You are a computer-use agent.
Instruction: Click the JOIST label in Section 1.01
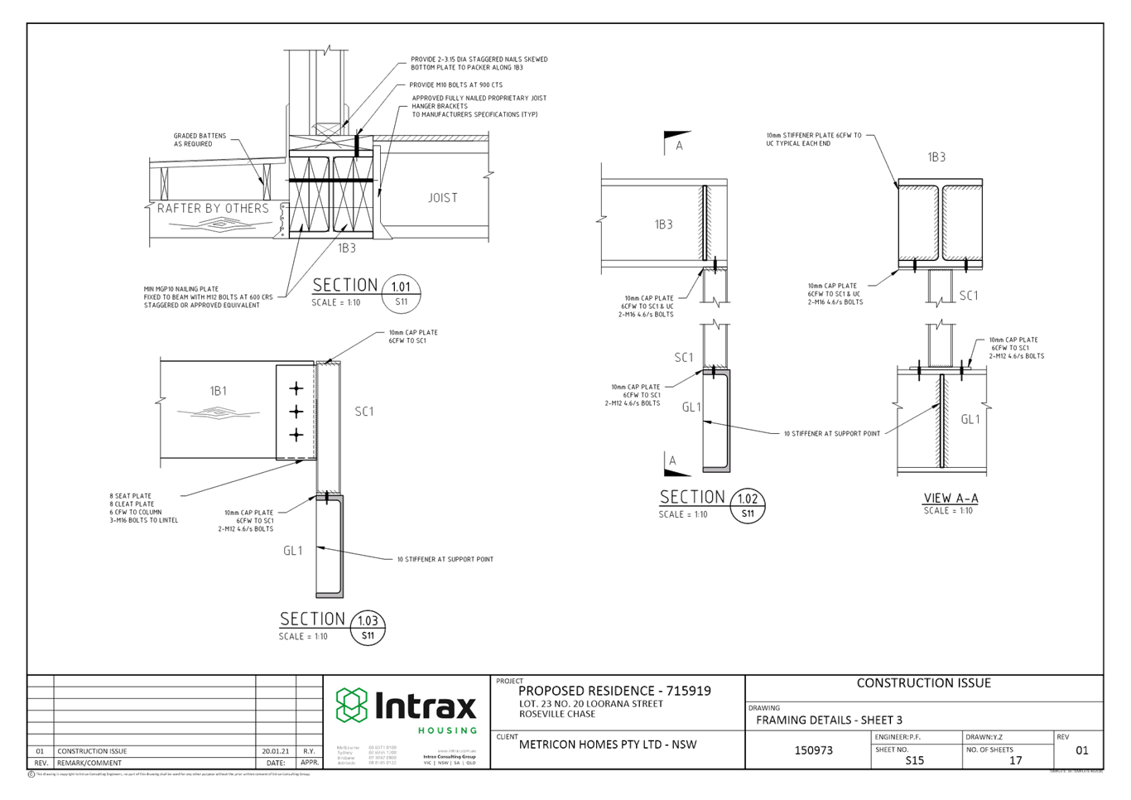442,197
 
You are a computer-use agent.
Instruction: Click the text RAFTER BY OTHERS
214,208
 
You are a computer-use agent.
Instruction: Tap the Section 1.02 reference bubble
748,505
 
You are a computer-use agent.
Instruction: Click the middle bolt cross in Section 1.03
296,412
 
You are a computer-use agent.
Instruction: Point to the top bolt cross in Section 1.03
296,388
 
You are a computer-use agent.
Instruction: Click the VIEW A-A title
950,498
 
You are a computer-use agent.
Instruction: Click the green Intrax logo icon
351,706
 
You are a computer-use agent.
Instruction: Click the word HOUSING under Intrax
447,730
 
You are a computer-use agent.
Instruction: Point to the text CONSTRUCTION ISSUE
923,683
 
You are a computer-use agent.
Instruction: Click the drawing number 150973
814,750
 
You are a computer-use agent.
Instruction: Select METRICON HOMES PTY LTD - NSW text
607,744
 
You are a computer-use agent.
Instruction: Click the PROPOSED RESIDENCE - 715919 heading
614,691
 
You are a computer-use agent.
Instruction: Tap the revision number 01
1081,750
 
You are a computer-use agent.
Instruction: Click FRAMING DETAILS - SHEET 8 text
829,720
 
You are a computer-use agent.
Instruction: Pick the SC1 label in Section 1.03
364,411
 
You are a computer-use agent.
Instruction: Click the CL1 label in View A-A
970,420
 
